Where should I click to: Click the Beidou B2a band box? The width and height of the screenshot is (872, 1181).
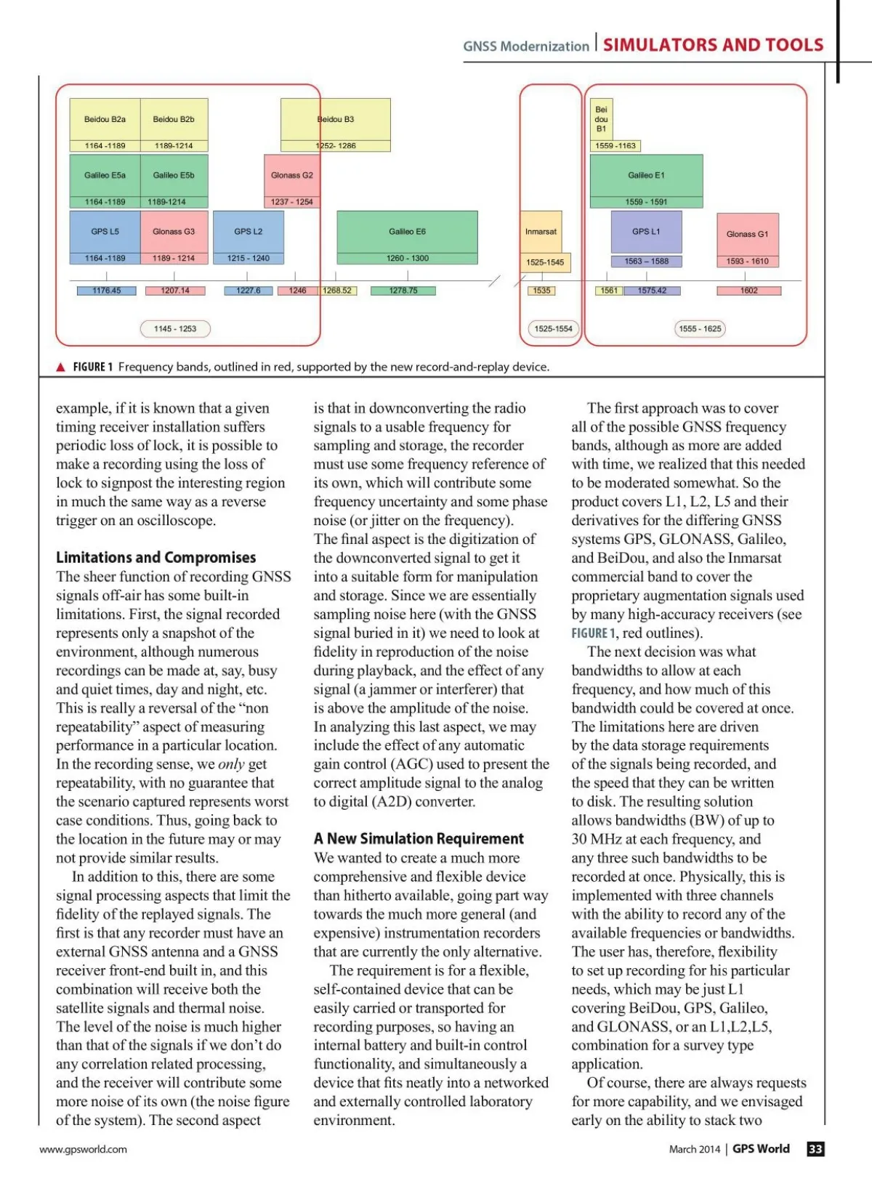pos(105,120)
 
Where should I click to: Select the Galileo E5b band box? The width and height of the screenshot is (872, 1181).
pos(174,175)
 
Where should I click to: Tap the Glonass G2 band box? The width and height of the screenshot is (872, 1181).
pos(291,175)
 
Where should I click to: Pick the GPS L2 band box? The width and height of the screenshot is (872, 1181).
pos(248,232)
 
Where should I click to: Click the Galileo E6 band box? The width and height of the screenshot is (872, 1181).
pos(407,232)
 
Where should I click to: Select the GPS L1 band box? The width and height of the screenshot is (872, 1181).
pos(646,232)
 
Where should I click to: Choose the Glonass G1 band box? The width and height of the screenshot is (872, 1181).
pos(747,234)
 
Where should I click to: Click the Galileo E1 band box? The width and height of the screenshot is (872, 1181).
pos(646,175)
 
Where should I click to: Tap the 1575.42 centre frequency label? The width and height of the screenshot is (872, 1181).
pos(652,291)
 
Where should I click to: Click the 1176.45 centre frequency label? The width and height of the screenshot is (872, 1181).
pos(107,291)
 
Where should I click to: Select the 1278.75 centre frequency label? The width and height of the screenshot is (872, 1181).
pos(403,291)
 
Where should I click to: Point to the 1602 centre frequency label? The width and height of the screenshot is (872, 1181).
pos(748,291)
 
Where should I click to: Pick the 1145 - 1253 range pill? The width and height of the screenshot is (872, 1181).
pos(175,329)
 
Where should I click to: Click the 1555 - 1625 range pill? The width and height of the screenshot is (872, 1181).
pos(700,329)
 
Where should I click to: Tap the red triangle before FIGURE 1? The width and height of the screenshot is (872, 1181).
pos(61,368)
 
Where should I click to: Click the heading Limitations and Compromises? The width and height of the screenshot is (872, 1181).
pos(156,558)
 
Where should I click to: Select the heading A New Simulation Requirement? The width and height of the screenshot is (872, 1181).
pos(419,839)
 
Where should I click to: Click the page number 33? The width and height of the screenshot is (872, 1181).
pos(815,1149)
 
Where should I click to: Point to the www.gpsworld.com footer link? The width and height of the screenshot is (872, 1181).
pos(83,1149)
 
